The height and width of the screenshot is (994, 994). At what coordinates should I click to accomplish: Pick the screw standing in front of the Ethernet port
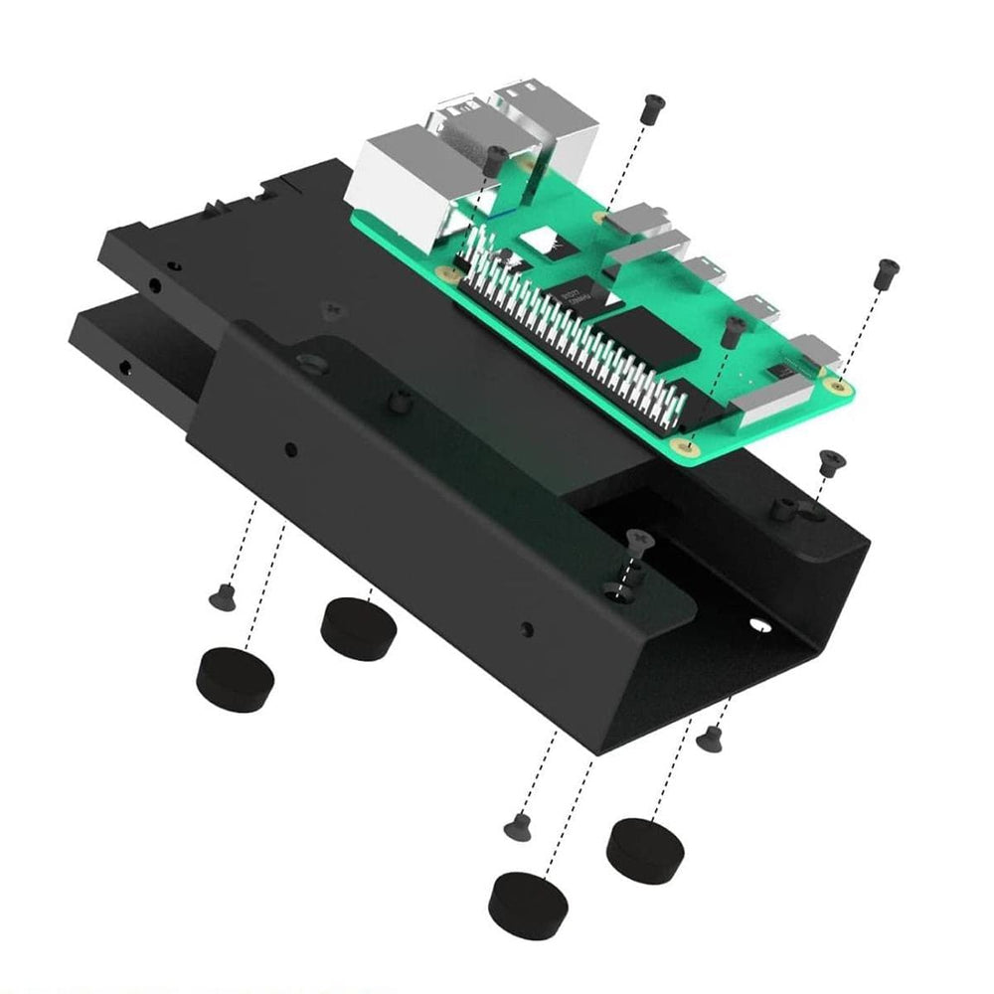coord(493,159)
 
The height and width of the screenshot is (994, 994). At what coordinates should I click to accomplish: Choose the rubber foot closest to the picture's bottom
coord(528,904)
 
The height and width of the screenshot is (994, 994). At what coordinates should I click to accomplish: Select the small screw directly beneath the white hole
coord(710,738)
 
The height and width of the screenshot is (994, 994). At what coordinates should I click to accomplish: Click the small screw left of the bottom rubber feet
coord(515,825)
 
